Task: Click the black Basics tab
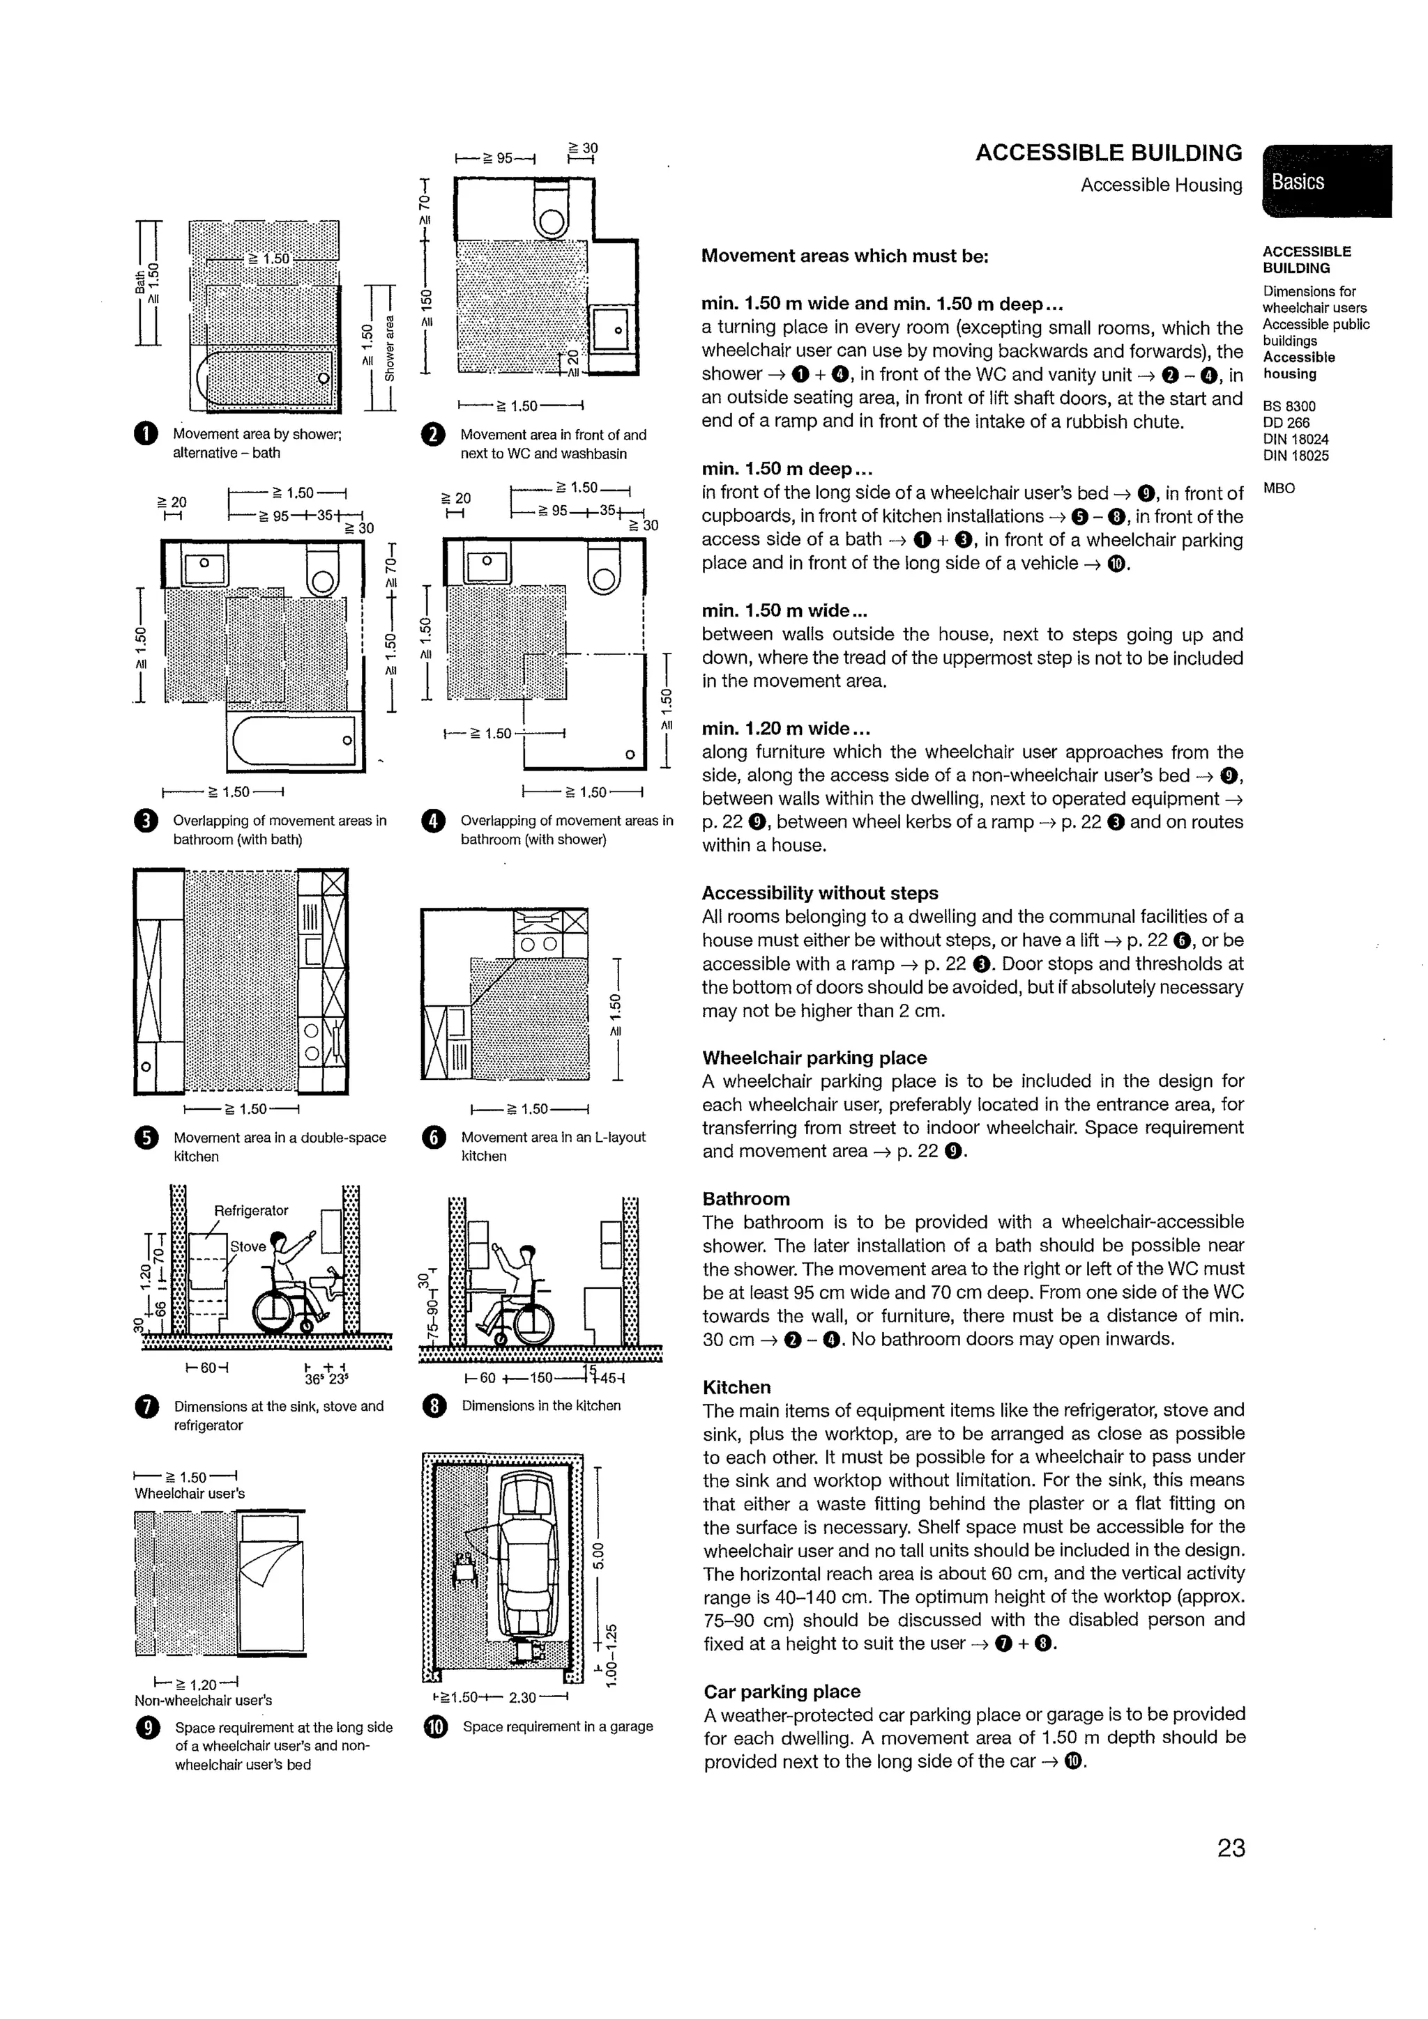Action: [1326, 181]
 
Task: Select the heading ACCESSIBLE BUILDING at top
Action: [1108, 153]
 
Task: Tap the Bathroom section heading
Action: [745, 1198]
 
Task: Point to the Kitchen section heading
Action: [736, 1386]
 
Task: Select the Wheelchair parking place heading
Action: [814, 1058]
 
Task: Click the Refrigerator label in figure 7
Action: [251, 1211]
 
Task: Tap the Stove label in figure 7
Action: [248, 1246]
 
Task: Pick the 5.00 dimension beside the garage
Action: [598, 1556]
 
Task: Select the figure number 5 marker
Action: [146, 1138]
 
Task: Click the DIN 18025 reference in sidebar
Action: [1295, 456]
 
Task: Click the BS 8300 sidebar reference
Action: [1289, 406]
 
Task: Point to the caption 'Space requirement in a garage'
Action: [557, 1726]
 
